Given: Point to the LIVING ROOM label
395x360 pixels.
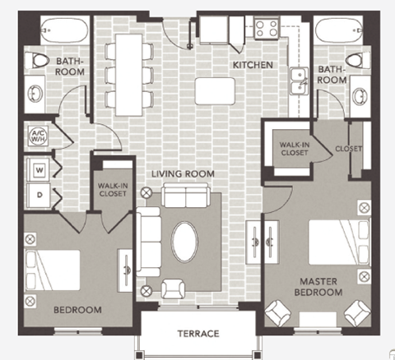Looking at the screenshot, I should click(182, 174).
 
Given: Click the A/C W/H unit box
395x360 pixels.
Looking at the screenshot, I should click(38, 135).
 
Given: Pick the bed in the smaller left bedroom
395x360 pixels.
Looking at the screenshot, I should click(54, 268).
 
